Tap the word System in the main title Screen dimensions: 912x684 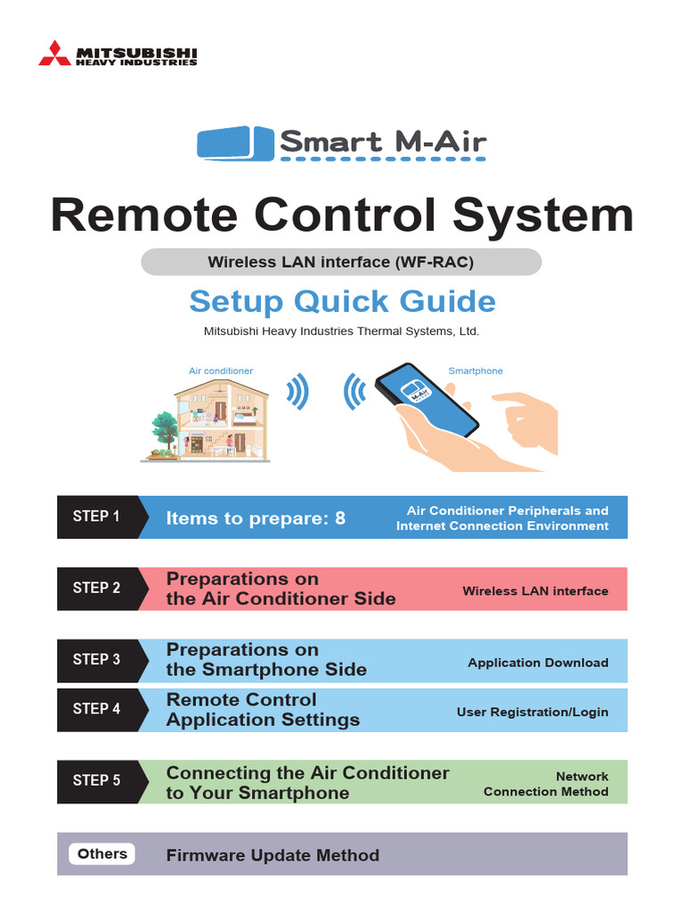coord(542,216)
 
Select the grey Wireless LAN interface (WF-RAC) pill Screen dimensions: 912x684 coord(341,262)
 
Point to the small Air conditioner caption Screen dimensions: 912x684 coord(221,370)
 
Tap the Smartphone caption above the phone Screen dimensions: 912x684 coord(475,370)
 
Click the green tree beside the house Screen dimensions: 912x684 coord(163,432)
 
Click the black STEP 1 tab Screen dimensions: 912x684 coord(96,517)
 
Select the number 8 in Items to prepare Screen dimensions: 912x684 coord(339,518)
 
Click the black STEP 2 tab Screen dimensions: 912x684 coord(96,588)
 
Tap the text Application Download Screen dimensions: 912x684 coord(538,663)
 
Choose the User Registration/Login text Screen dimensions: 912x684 coord(533,712)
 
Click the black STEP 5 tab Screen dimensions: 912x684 coord(96,780)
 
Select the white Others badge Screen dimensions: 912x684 coord(102,854)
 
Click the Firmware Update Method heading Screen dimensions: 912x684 coord(273,855)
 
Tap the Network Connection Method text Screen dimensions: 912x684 coord(547,784)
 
